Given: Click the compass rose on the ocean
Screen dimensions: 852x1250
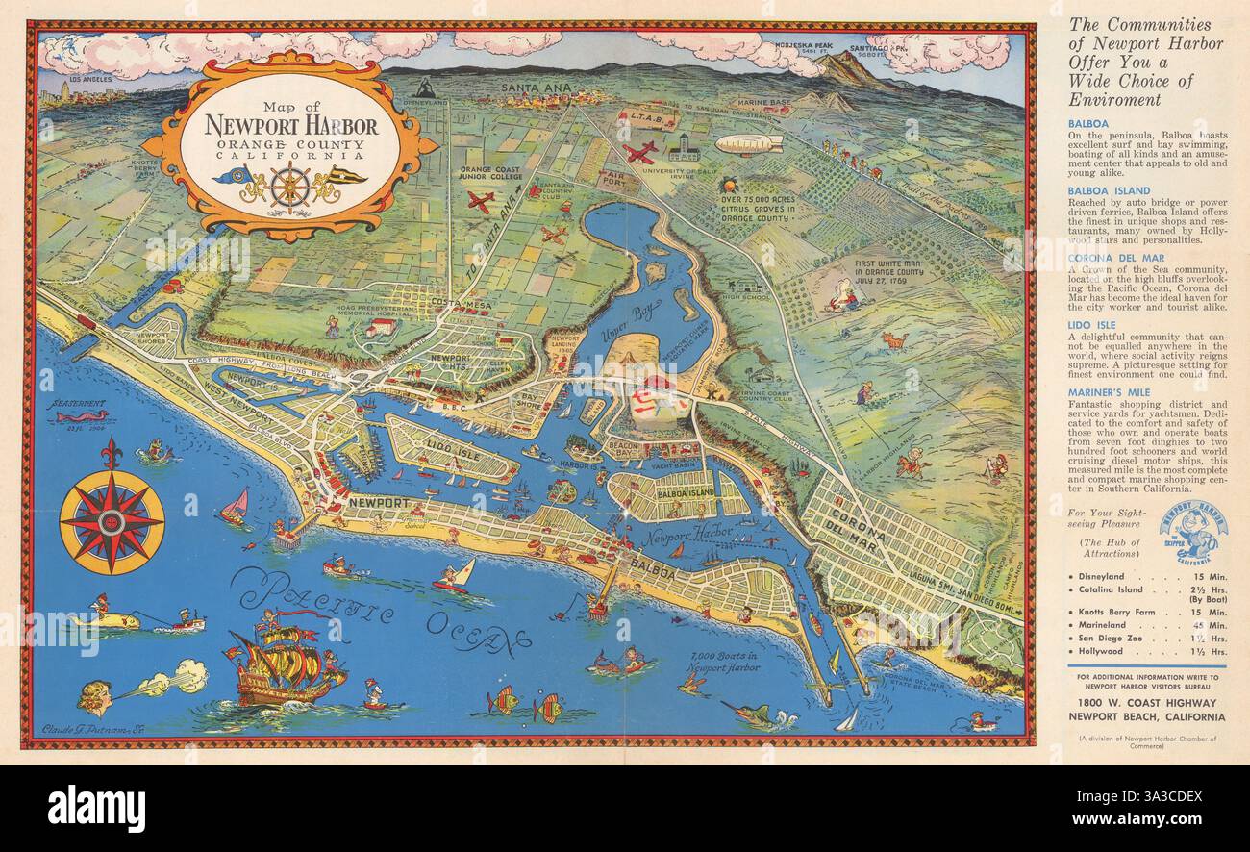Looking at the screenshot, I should (112, 519).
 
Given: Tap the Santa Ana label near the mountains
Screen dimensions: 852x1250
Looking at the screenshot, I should (536, 88).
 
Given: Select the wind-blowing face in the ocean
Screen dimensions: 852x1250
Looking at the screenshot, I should (96, 693).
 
